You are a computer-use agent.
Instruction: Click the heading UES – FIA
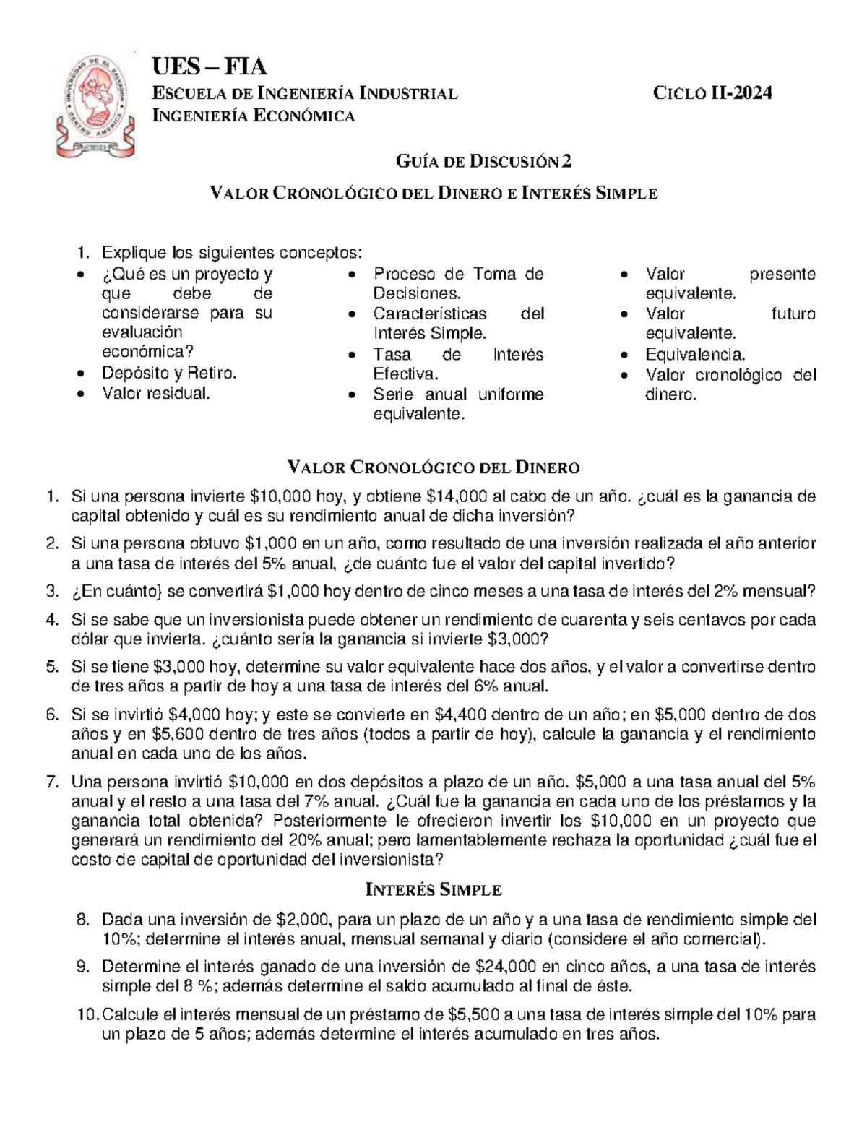click(x=209, y=67)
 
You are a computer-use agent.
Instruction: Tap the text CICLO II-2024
click(x=712, y=93)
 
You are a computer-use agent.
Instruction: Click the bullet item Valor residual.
click(x=156, y=394)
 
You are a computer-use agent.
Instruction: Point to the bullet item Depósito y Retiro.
click(x=169, y=374)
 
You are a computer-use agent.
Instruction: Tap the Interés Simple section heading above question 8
click(x=433, y=889)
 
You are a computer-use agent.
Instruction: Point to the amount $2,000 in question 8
click(x=303, y=919)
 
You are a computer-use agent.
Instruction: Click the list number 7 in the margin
click(x=51, y=782)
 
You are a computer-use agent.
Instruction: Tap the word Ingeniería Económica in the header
click(x=252, y=115)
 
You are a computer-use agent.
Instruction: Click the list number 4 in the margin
click(x=51, y=620)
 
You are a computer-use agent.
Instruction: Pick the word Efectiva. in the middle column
click(x=405, y=374)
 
